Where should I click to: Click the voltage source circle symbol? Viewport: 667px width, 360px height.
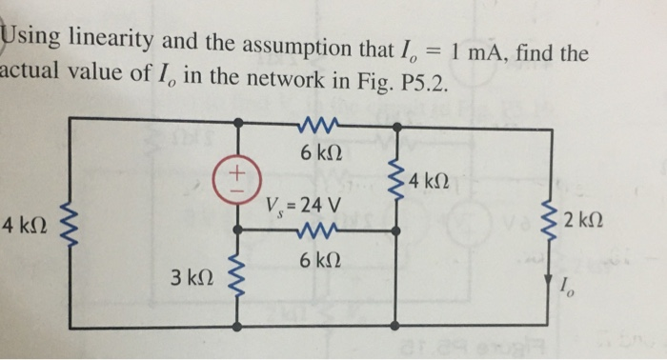(238, 179)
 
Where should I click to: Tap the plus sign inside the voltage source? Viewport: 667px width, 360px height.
(238, 173)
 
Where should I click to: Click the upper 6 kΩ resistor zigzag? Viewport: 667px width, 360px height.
(313, 123)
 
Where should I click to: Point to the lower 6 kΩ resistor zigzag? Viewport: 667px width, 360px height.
(313, 230)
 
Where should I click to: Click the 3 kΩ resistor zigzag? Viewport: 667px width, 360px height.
(238, 280)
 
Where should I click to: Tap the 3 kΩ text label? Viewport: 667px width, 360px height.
(190, 279)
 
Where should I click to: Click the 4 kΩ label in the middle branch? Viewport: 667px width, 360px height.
(427, 180)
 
